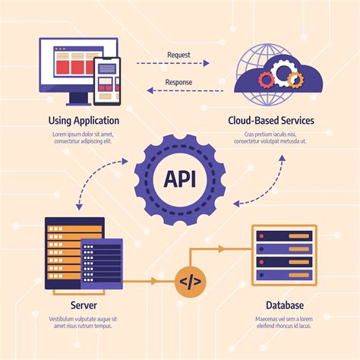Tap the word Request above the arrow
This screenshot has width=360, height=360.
[x=179, y=54]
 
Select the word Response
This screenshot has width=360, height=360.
[x=179, y=83]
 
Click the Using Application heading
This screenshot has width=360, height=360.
[x=84, y=120]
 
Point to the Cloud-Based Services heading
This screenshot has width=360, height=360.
[x=271, y=120]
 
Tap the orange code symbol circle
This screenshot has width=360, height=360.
[x=189, y=282]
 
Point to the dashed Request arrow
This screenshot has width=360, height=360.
[x=180, y=65]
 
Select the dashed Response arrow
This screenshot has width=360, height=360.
[x=180, y=91]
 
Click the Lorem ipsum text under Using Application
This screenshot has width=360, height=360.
[x=84, y=138]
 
